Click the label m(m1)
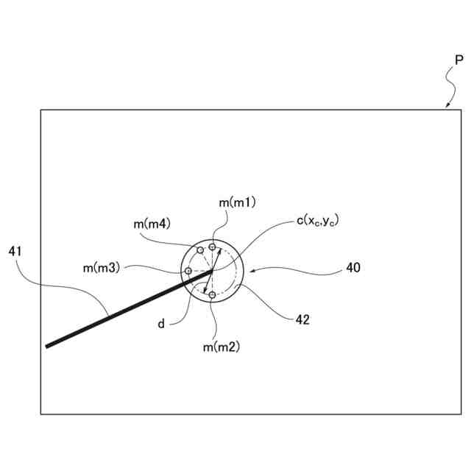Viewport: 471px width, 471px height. [x=237, y=202]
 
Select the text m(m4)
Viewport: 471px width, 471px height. [x=152, y=223]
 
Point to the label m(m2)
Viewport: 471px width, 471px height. [x=222, y=345]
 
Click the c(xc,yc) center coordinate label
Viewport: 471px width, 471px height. [x=317, y=220]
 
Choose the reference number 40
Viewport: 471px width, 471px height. [x=353, y=269]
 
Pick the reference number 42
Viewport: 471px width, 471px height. [x=302, y=319]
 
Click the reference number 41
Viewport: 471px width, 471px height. [x=15, y=251]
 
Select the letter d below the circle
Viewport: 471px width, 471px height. [x=161, y=322]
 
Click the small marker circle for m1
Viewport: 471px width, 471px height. [x=213, y=247]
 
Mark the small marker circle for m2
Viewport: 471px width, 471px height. [x=213, y=295]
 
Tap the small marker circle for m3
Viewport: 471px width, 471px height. [x=188, y=271]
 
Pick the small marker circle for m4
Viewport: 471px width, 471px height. [x=199, y=251]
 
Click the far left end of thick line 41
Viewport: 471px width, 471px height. [x=47, y=346]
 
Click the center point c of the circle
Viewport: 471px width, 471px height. [x=213, y=272]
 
